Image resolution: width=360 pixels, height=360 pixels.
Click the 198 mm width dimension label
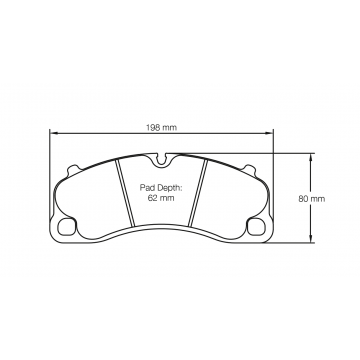click(162, 127)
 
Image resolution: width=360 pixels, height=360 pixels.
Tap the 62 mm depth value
click(161, 200)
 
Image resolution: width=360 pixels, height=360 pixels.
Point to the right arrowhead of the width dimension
click(272, 135)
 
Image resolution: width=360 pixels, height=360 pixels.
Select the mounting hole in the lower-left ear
click(68, 225)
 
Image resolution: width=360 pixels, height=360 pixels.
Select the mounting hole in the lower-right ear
click(256, 225)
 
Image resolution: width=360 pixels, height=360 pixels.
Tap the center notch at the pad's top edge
click(162, 159)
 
